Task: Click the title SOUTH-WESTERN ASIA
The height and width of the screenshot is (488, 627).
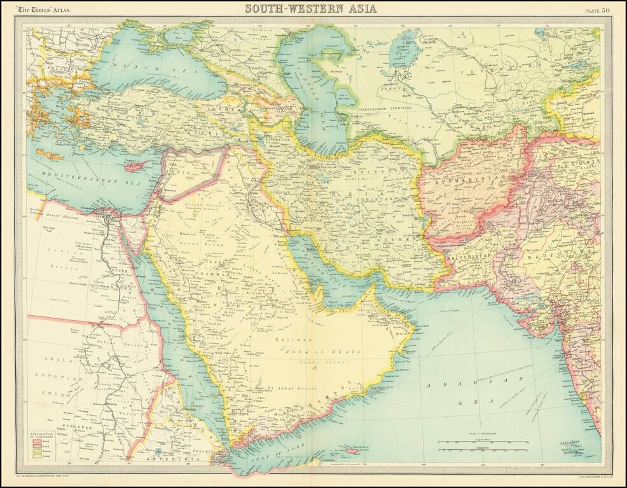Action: point(311,8)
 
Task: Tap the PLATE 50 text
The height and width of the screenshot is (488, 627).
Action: point(598,9)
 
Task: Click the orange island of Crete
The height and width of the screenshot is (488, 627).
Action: point(50,154)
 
